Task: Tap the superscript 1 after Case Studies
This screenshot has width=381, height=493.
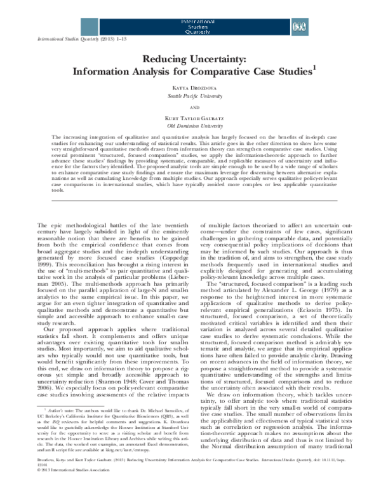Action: click(315, 67)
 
